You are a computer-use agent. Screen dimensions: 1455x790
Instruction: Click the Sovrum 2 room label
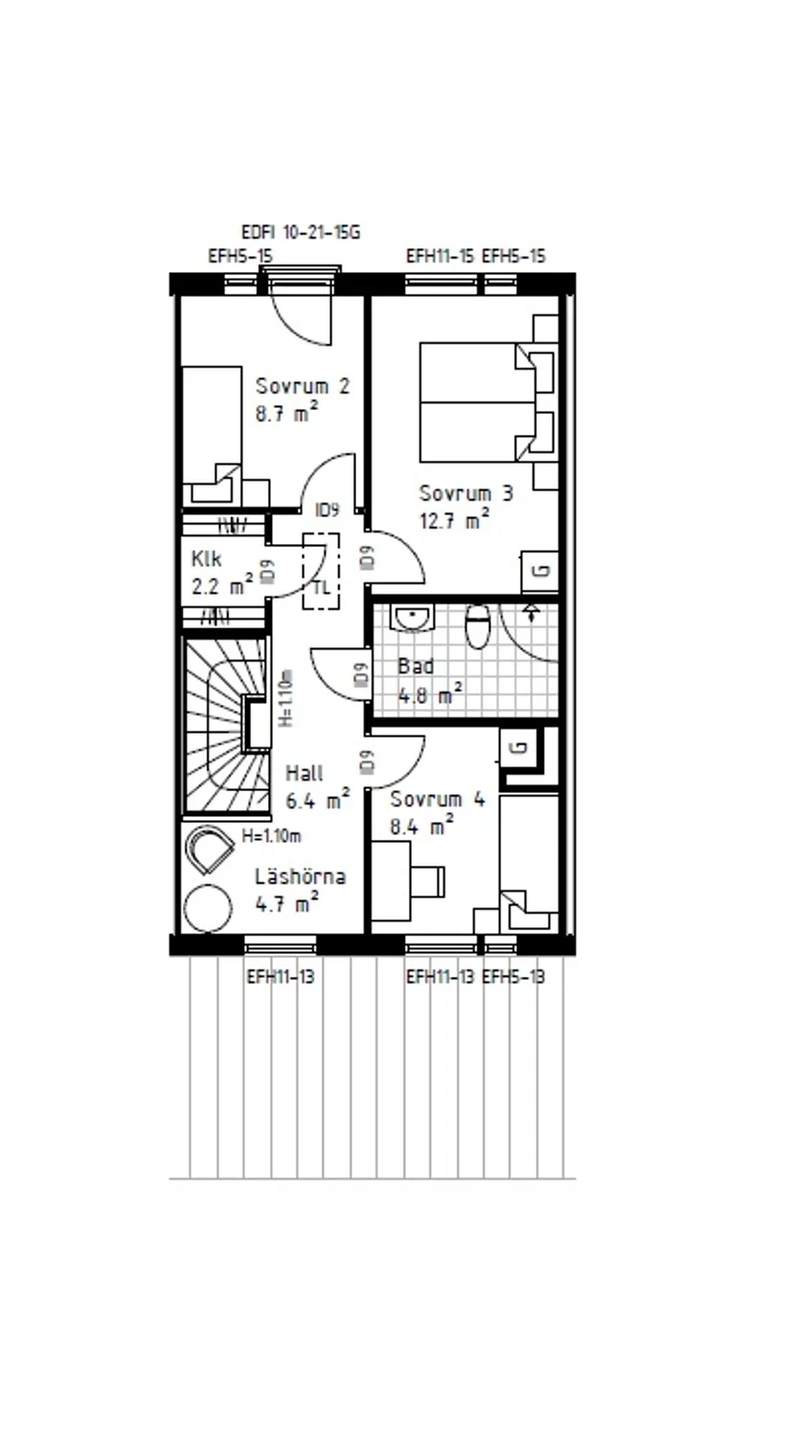tap(302, 386)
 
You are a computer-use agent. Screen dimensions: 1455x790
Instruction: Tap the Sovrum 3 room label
tap(465, 493)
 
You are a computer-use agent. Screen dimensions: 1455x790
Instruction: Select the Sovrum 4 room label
tap(438, 800)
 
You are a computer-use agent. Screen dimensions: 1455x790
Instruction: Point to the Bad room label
tap(416, 666)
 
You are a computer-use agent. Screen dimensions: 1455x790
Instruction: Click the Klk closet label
tap(206, 558)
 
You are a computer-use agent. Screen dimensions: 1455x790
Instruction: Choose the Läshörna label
tap(300, 876)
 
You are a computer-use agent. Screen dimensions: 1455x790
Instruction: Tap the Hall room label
tap(305, 773)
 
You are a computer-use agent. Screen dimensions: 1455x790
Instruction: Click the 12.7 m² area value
tap(454, 521)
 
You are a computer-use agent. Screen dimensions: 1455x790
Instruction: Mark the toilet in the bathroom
tap(477, 628)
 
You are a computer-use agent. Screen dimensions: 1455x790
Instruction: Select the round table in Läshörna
tap(207, 907)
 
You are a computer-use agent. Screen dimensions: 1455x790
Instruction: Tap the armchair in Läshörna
tap(211, 848)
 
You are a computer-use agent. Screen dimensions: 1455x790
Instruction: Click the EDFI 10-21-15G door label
tap(300, 232)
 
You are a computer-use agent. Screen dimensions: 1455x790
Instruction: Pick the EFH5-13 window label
tap(513, 977)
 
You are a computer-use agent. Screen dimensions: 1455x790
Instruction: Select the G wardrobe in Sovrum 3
tap(540, 572)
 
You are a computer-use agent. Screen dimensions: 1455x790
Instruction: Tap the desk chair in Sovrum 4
tap(428, 878)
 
